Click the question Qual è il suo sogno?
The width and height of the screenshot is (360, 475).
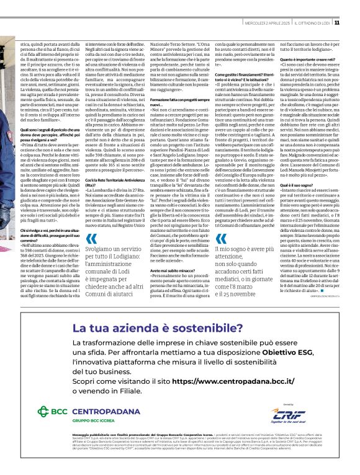(296, 185)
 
